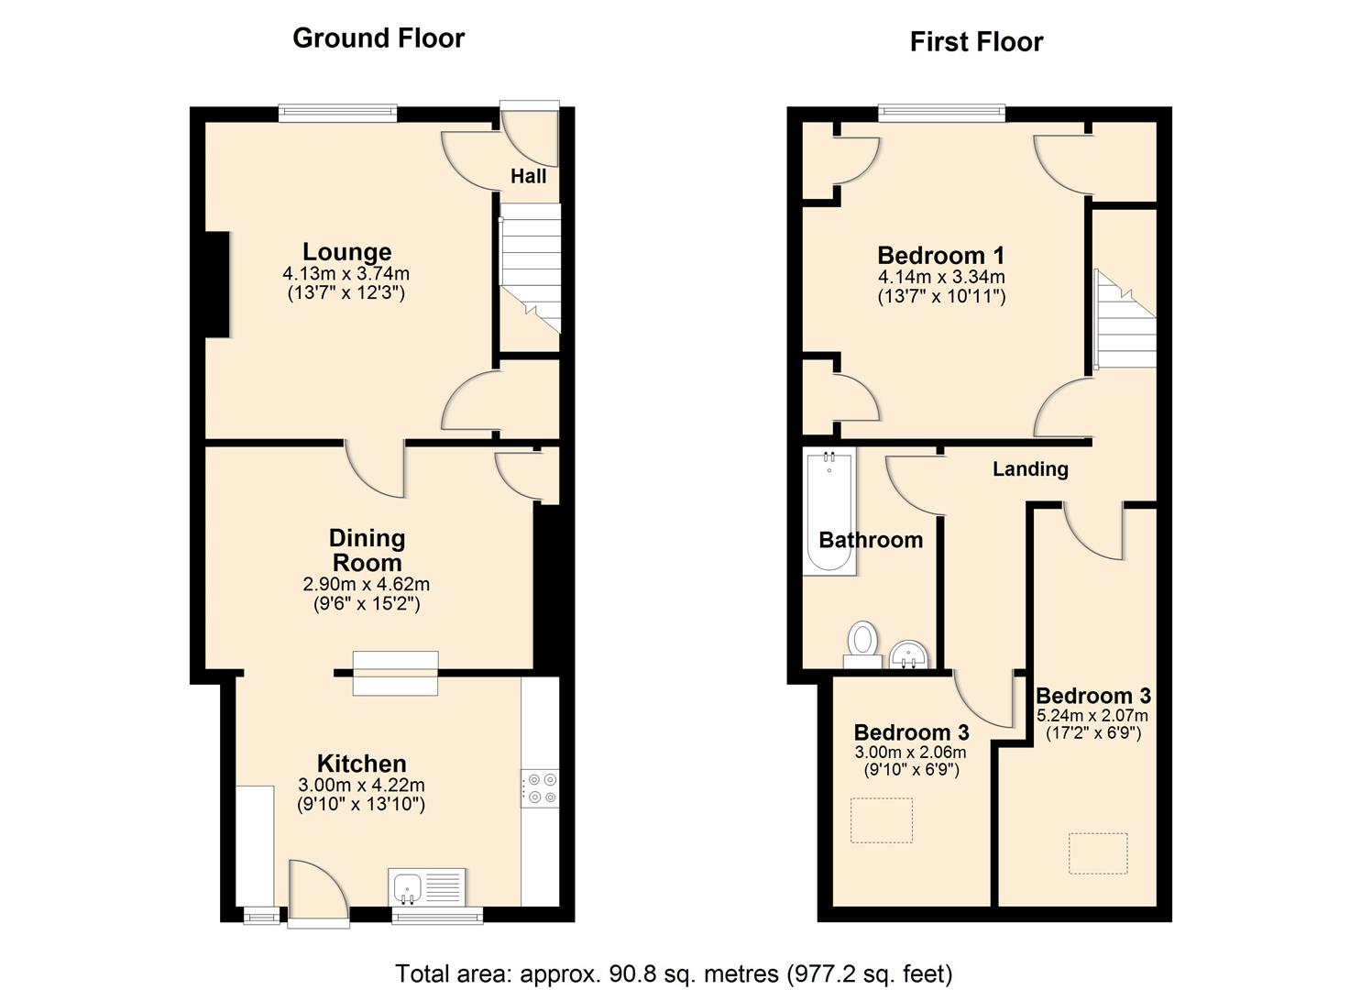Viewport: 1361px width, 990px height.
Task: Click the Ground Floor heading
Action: tap(379, 38)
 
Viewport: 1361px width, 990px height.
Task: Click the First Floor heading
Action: tap(976, 42)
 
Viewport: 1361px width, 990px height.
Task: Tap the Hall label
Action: tap(528, 176)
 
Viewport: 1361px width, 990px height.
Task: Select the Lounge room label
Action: tap(347, 251)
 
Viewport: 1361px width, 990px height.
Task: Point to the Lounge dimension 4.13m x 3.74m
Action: tap(346, 273)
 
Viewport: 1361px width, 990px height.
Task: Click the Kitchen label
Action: tap(361, 764)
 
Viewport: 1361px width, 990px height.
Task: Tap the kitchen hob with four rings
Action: tap(540, 788)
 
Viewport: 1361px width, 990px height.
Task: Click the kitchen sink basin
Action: tap(407, 888)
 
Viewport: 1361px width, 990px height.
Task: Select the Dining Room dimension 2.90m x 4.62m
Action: tap(367, 585)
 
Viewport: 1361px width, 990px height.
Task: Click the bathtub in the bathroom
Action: tap(829, 511)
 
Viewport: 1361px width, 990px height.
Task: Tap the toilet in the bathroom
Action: tap(862, 645)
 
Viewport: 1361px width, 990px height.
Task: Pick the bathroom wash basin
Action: tap(909, 654)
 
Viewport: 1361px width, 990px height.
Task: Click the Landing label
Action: tap(1030, 468)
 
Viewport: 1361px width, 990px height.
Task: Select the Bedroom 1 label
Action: tap(941, 255)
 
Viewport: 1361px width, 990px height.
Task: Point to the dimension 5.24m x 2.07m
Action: tap(1093, 715)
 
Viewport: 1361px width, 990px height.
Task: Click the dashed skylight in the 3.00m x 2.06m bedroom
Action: tap(882, 820)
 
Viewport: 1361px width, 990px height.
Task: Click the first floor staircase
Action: tap(1125, 318)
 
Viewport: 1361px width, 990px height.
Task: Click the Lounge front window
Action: tap(338, 113)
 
